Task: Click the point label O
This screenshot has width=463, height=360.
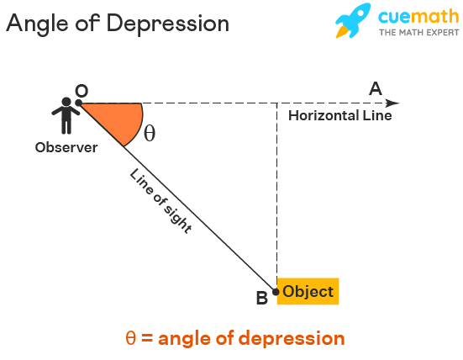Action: tap(82, 91)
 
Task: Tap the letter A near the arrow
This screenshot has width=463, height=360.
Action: tap(376, 88)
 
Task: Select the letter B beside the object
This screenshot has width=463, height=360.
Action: tap(262, 298)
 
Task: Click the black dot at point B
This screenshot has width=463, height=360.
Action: tap(276, 292)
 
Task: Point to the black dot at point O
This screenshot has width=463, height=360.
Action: tap(78, 103)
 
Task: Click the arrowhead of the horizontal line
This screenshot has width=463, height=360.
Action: tap(392, 103)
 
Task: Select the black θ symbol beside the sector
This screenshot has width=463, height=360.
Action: tap(150, 133)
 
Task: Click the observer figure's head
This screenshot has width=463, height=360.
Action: tap(66, 102)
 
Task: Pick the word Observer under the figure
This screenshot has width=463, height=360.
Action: tap(66, 147)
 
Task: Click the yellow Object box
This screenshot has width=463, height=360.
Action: tap(308, 291)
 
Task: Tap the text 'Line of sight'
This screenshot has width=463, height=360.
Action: tap(161, 201)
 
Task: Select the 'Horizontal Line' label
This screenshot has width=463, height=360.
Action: tap(340, 115)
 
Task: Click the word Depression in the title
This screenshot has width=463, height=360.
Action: tap(168, 24)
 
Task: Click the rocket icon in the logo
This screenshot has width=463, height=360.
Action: tap(353, 20)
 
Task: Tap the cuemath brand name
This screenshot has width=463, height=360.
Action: tap(418, 16)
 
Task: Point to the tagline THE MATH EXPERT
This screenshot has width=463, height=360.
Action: tap(419, 32)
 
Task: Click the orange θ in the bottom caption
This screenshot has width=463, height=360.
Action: tap(131, 338)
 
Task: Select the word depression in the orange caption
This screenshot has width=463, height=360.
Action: tap(292, 339)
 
